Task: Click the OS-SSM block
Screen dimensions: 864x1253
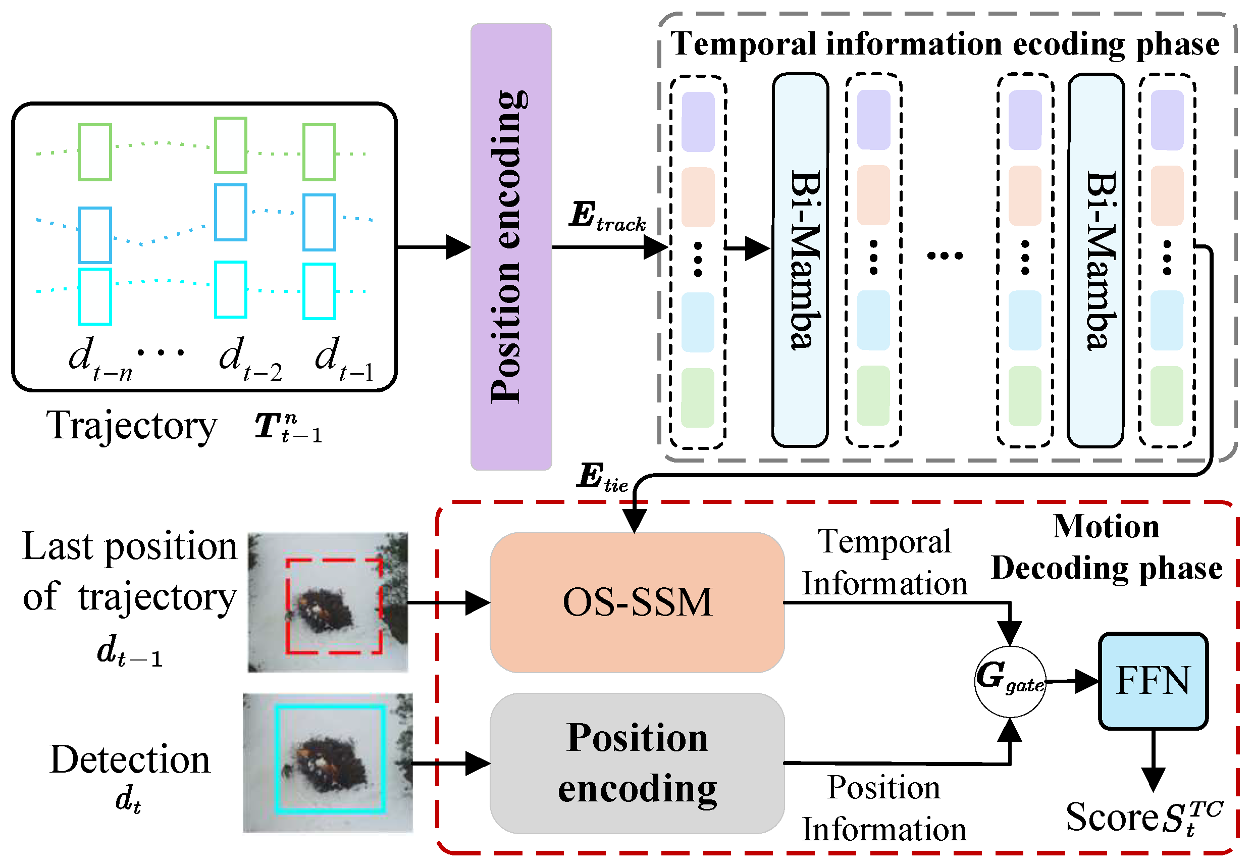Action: coord(637,602)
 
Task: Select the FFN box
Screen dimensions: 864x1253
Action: coord(1153,681)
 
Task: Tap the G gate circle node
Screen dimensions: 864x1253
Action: coord(1010,681)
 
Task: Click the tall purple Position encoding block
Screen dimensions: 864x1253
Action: coord(510,246)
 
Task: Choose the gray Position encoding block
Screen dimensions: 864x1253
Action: coord(637,763)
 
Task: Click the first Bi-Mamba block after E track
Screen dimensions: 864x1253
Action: coord(800,260)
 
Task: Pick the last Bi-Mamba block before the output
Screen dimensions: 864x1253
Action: coord(1095,260)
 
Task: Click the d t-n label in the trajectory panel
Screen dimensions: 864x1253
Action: coord(100,360)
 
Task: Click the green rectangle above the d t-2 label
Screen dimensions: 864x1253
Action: coord(231,145)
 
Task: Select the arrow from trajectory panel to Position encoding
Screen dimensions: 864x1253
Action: coord(433,247)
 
